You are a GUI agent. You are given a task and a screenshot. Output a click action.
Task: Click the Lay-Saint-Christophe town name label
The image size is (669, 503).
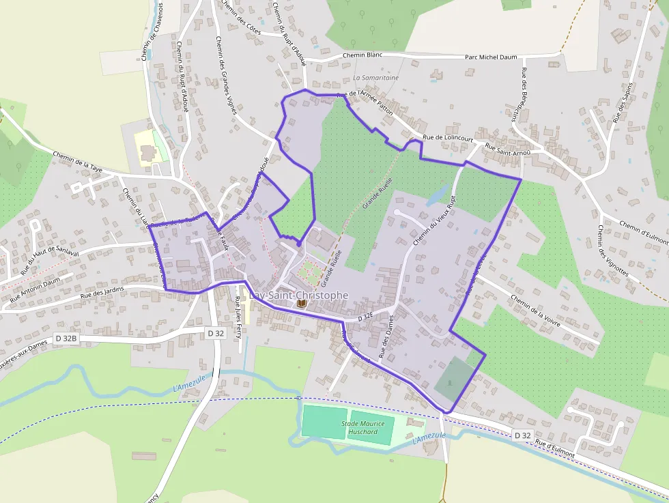pyautogui.click(x=299, y=295)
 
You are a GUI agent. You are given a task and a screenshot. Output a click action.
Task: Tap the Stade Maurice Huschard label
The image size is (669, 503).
pyautogui.click(x=363, y=427)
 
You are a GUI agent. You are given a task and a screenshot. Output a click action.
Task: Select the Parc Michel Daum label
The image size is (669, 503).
pyautogui.click(x=492, y=58)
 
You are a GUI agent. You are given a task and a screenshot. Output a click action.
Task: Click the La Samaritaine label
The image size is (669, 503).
pyautogui.click(x=376, y=78)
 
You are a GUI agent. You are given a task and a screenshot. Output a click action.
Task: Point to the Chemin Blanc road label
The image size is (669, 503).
pyautogui.click(x=362, y=55)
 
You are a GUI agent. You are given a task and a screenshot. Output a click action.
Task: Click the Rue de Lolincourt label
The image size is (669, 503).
pyautogui.click(x=448, y=137)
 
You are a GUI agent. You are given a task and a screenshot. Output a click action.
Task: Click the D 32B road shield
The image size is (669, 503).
pyautogui.click(x=67, y=338)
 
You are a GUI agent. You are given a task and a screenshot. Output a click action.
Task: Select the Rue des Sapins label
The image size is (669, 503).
pyautogui.click(x=623, y=102)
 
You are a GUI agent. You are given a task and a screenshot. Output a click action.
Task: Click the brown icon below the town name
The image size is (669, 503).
pyautogui.click(x=301, y=305)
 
